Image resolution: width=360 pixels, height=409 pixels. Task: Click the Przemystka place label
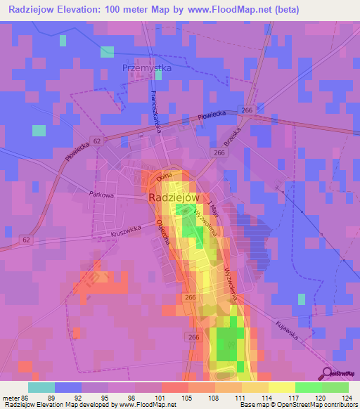(147, 68)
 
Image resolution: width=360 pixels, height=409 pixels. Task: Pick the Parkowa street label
(101, 193)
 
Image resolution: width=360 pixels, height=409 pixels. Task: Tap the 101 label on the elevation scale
(161, 397)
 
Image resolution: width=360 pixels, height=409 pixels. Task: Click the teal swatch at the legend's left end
(41, 387)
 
